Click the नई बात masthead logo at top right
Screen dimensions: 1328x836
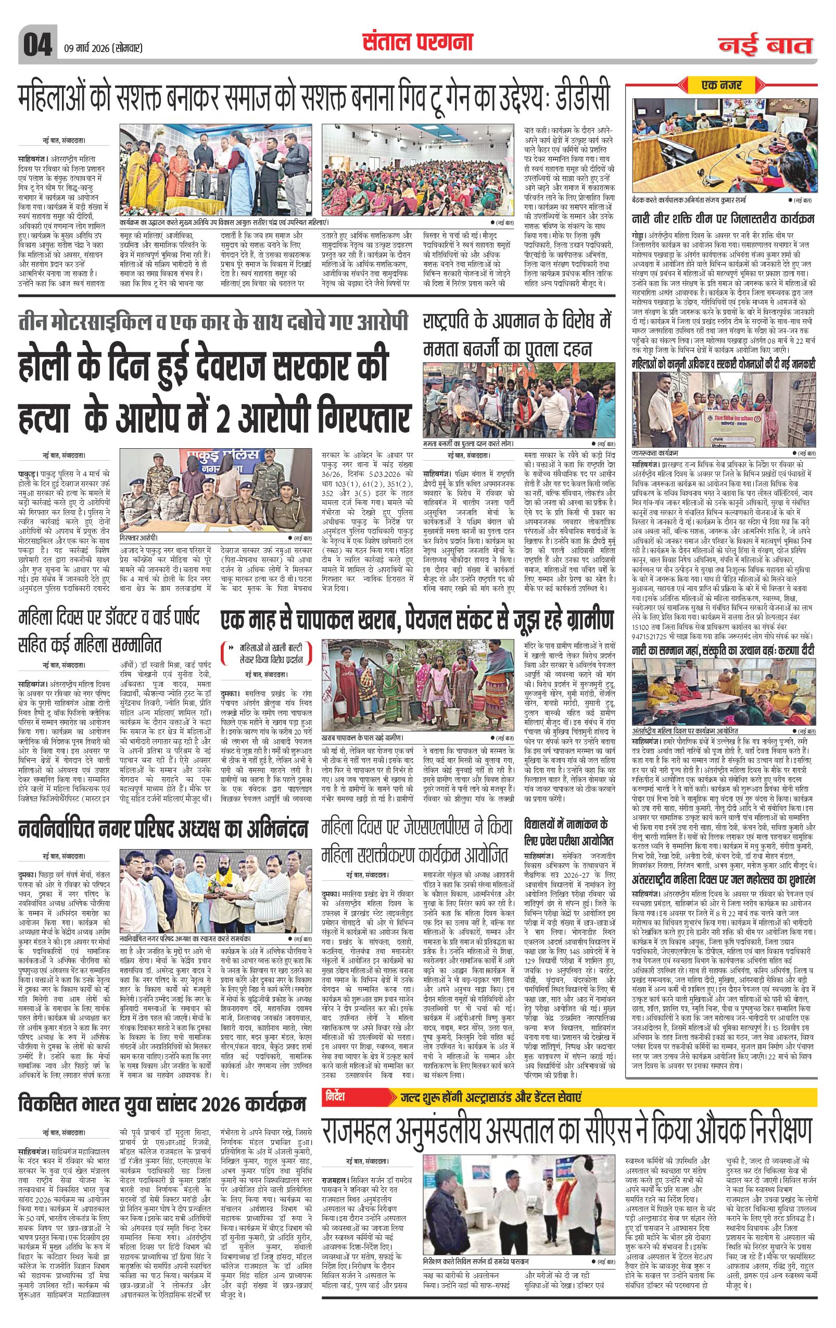click(766, 46)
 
